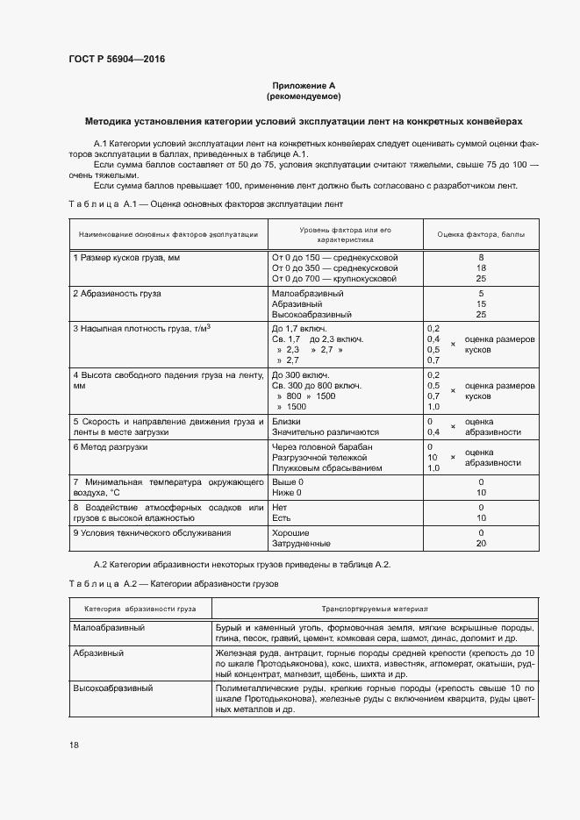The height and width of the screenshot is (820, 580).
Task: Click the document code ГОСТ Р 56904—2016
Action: click(x=116, y=60)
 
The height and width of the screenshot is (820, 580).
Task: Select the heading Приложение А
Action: click(x=303, y=85)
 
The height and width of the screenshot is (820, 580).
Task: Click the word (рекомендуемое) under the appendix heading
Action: click(x=303, y=96)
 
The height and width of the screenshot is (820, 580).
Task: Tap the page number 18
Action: click(x=74, y=745)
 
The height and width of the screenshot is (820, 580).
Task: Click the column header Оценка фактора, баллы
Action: click(x=480, y=235)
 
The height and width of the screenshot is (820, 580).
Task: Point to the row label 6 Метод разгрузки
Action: click(x=111, y=447)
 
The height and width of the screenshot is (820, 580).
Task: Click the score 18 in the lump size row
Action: click(x=481, y=267)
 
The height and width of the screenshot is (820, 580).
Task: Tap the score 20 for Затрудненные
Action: click(x=481, y=544)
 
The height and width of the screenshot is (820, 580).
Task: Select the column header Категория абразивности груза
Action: click(x=140, y=608)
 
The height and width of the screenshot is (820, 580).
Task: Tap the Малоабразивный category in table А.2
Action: click(x=109, y=629)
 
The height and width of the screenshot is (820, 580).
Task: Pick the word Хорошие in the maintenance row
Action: click(x=291, y=533)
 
